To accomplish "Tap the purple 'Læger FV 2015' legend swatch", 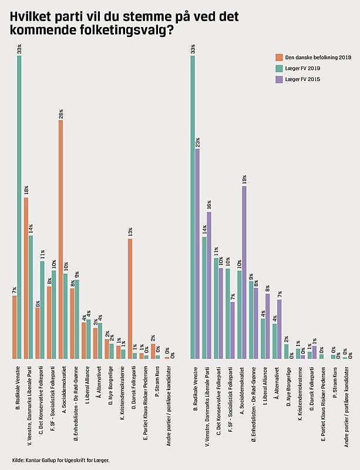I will [x=280, y=79].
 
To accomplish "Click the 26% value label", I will [x=60, y=115].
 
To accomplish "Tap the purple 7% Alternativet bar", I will [x=280, y=329].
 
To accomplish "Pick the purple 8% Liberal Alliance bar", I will [x=268, y=326].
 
